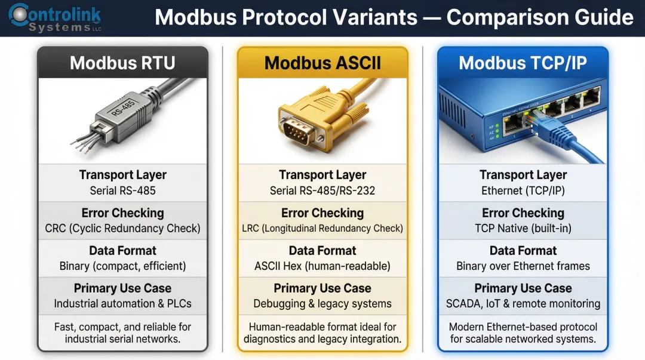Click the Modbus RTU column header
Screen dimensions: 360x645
122,63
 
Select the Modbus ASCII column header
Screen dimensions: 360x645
322,63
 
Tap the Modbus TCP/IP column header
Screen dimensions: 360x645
523,63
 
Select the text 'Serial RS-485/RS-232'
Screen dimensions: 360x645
322,191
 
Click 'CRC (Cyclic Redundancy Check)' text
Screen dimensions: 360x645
122,229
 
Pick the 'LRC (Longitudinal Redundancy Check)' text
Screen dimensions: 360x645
322,229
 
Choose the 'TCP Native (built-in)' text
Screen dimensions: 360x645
523,229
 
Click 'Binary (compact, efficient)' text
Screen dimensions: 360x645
122,266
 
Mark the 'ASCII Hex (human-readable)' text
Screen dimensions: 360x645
322,266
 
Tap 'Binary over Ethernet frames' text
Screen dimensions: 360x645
523,266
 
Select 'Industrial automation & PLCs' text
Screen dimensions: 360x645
122,304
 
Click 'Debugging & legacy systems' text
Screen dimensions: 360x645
322,304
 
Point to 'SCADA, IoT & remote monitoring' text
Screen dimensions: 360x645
523,304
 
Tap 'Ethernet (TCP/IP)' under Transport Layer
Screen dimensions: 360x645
523,191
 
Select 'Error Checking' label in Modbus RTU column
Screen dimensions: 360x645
122,213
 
